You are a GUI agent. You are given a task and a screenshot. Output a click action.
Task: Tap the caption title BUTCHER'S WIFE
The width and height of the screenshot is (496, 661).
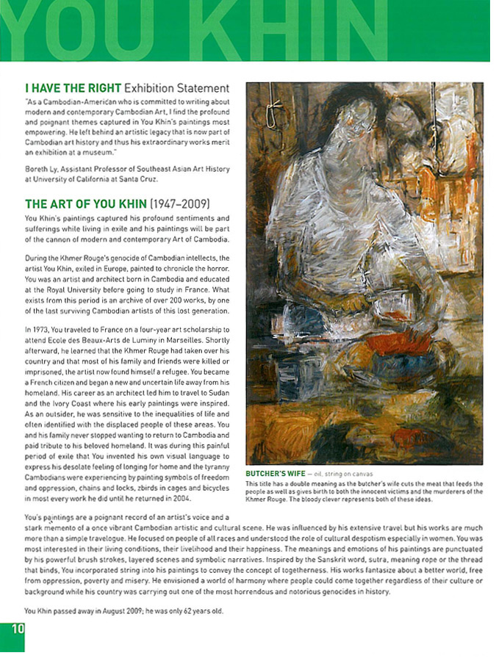click(276, 474)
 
